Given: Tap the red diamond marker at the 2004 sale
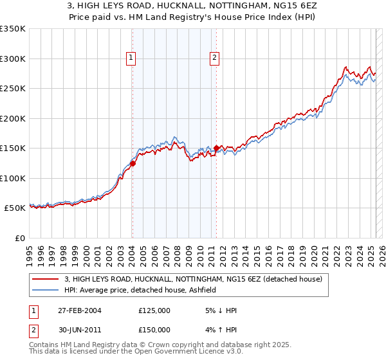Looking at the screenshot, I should pos(133,163).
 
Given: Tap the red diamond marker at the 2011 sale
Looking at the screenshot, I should pos(216,148).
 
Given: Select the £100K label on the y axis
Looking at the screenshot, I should pos(13,178).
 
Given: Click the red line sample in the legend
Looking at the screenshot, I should pos(46,279).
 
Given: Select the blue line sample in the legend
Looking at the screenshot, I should pos(46,290).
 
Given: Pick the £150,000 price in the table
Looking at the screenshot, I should pos(154,330).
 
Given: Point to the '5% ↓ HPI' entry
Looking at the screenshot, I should pos(219,310).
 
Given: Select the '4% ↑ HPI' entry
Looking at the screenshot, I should pos(219,330).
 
